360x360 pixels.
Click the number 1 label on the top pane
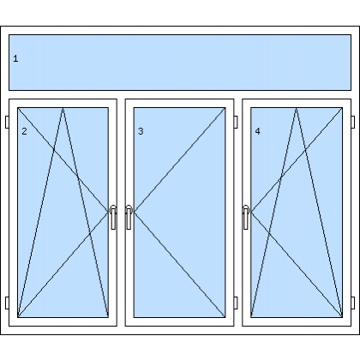(x=15, y=58)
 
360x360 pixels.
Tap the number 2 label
(x=24, y=131)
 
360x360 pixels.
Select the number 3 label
(x=141, y=131)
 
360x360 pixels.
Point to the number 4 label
(x=257, y=131)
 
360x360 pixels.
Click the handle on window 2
(x=113, y=217)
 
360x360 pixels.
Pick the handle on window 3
(x=129, y=217)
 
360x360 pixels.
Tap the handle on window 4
(x=246, y=217)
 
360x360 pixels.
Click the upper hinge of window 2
(x=7, y=122)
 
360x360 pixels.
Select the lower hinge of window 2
(x=7, y=303)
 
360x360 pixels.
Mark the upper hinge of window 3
(x=236, y=122)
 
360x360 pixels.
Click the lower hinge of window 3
(x=236, y=303)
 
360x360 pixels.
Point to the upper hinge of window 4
(x=353, y=122)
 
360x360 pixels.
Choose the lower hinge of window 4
(x=353, y=303)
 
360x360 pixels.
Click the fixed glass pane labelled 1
(x=180, y=63)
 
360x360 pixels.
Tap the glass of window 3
(x=180, y=213)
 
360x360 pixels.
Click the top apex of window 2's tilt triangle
(x=63, y=108)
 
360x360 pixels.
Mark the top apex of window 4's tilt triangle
(x=297, y=108)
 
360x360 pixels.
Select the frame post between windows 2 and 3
(x=121, y=213)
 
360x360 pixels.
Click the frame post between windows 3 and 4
(x=238, y=213)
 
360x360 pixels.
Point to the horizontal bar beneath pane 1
(x=180, y=94)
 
